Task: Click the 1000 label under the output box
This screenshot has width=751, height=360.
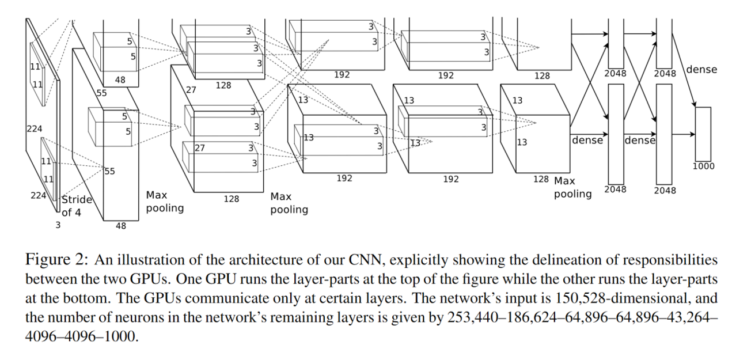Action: [x=703, y=166]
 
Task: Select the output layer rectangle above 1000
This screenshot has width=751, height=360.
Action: [x=703, y=134]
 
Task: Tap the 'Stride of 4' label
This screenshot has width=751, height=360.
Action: [x=77, y=206]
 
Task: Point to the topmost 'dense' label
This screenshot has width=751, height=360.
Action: [x=701, y=70]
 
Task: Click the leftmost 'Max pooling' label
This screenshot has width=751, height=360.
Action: [x=165, y=202]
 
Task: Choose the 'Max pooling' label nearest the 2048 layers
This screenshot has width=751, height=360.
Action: [x=572, y=188]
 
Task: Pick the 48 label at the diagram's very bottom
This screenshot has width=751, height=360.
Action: [x=120, y=226]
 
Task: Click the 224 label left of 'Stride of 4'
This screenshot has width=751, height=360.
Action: [x=39, y=196]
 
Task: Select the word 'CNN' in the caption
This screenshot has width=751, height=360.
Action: [x=368, y=259]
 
